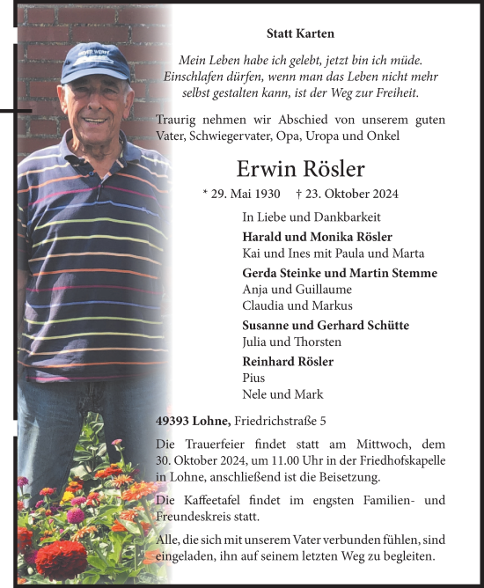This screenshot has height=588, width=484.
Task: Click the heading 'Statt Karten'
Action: [x=300, y=33]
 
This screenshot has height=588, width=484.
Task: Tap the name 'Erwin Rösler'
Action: [x=300, y=168]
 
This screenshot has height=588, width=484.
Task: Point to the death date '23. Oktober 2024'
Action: [x=347, y=194]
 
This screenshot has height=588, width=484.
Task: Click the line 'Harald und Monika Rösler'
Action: [x=317, y=237]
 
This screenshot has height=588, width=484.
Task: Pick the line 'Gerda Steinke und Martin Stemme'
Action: [x=339, y=273]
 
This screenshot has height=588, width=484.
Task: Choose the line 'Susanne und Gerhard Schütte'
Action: [x=325, y=326]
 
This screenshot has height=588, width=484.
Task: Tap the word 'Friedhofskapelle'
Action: [x=400, y=460]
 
